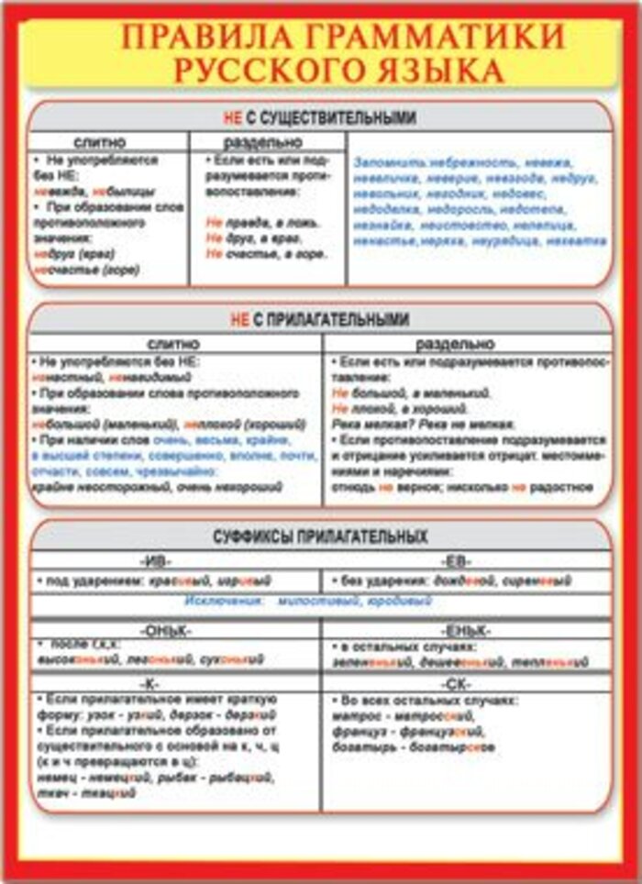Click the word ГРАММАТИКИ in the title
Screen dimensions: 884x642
click(431, 38)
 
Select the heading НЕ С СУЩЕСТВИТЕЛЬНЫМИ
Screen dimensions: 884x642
click(319, 117)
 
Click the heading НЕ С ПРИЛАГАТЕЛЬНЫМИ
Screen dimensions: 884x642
click(319, 319)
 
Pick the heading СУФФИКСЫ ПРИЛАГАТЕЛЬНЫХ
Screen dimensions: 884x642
click(319, 537)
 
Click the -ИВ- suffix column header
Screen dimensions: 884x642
click(154, 560)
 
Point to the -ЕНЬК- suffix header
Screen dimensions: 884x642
click(465, 631)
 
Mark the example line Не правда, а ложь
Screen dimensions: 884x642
click(262, 222)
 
